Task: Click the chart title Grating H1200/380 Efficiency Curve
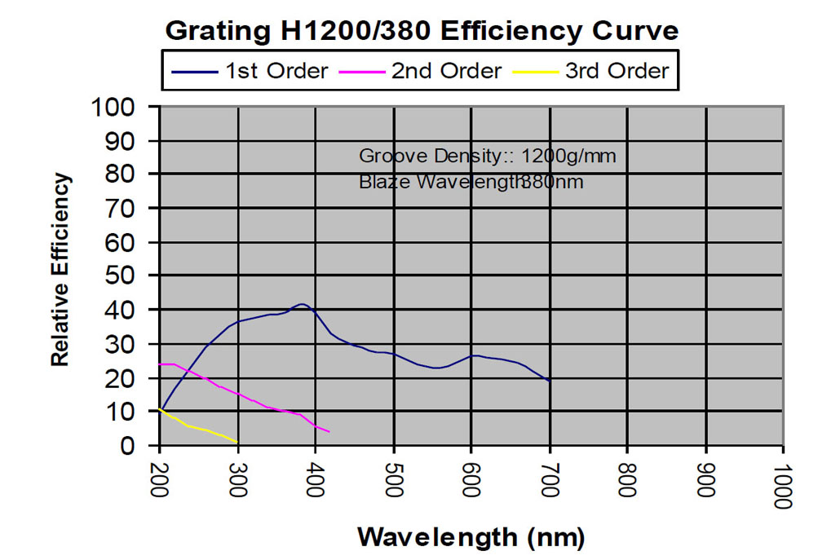coord(422,31)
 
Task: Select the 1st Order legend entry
coord(250,71)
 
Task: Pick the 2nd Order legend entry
coord(423,71)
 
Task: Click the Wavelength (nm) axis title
coord(471,537)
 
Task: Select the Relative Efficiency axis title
coord(60,270)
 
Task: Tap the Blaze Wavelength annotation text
coord(471,182)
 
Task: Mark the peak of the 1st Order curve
coord(302,305)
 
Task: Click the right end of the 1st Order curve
coord(550,381)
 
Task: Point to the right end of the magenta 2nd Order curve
coord(329,431)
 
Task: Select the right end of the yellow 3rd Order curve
coord(237,443)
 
